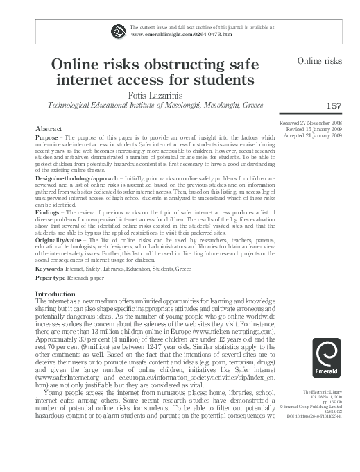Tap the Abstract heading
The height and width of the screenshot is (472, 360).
pyautogui.click(x=51, y=129)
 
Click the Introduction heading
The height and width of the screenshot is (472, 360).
pyautogui.click(x=56, y=295)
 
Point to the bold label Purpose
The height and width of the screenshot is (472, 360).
pyautogui.click(x=47, y=138)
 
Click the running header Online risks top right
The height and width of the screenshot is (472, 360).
pyautogui.click(x=320, y=61)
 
